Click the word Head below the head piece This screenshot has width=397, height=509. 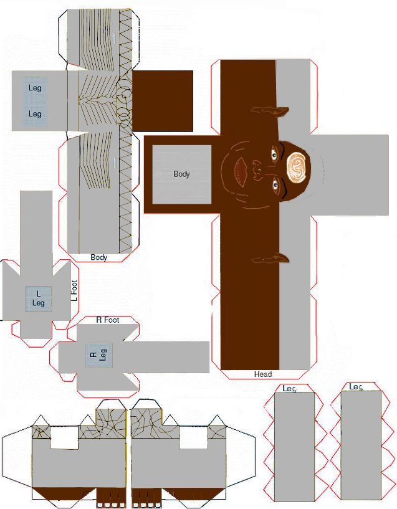pos(263,374)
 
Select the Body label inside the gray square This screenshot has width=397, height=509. pos(181,174)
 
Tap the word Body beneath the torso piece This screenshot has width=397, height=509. pos(99,257)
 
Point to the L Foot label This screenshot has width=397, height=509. pos(74,290)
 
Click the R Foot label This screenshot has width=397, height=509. pos(108,320)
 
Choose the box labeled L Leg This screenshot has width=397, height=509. pos(39,299)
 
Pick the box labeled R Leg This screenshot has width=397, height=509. pos(99,355)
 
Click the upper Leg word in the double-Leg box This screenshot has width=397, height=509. pos(35,88)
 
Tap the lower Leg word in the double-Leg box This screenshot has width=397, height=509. pos(35,114)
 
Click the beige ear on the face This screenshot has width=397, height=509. pos(297,166)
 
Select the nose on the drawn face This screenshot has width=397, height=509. pos(258,170)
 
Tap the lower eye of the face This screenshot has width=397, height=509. pos(275,186)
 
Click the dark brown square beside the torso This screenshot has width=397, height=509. pos(162,101)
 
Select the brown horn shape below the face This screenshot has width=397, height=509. pos(270,259)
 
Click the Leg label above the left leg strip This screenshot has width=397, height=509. pos(289,389)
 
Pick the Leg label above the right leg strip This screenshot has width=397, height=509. pos(356,387)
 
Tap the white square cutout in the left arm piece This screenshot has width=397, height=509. pos(64,438)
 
